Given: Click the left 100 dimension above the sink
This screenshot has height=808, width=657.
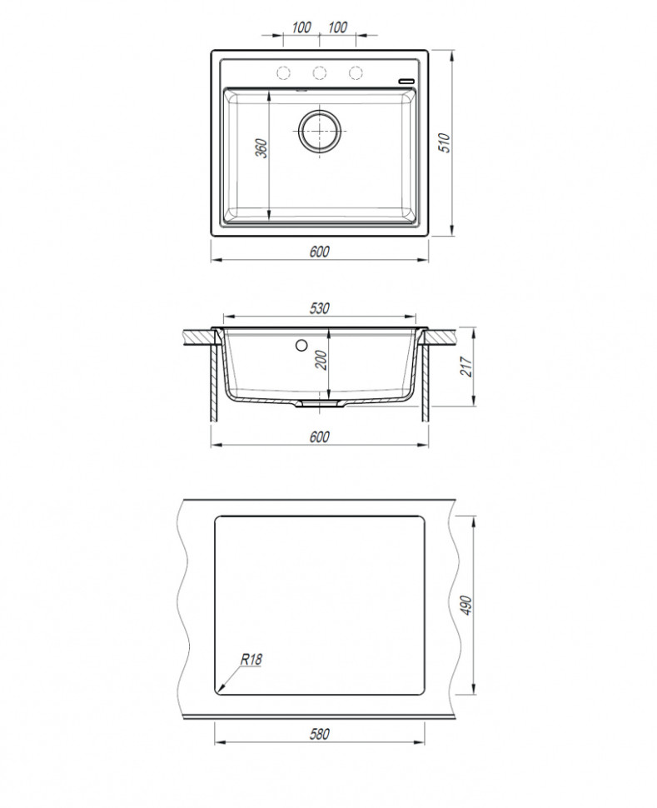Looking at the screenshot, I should click(x=301, y=27).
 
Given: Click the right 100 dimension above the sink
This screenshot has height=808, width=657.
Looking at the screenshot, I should click(x=337, y=27).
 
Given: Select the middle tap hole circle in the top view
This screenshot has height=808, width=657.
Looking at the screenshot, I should click(x=320, y=72).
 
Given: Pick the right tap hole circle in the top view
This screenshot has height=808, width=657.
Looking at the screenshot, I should click(x=356, y=72).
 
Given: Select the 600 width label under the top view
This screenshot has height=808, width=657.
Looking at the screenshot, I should click(x=320, y=252).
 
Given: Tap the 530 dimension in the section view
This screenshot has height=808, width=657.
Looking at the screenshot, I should click(x=320, y=308).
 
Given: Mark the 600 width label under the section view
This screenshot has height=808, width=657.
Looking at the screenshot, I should click(x=320, y=436).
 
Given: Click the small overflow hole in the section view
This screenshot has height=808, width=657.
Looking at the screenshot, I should click(x=301, y=343).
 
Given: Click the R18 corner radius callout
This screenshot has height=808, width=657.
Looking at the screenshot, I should click(x=251, y=660).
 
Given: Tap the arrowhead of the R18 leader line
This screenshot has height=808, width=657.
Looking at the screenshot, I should click(x=220, y=690).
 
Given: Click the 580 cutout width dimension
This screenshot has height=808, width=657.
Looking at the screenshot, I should click(x=320, y=734).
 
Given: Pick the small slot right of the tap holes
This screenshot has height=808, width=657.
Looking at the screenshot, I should click(x=406, y=79).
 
